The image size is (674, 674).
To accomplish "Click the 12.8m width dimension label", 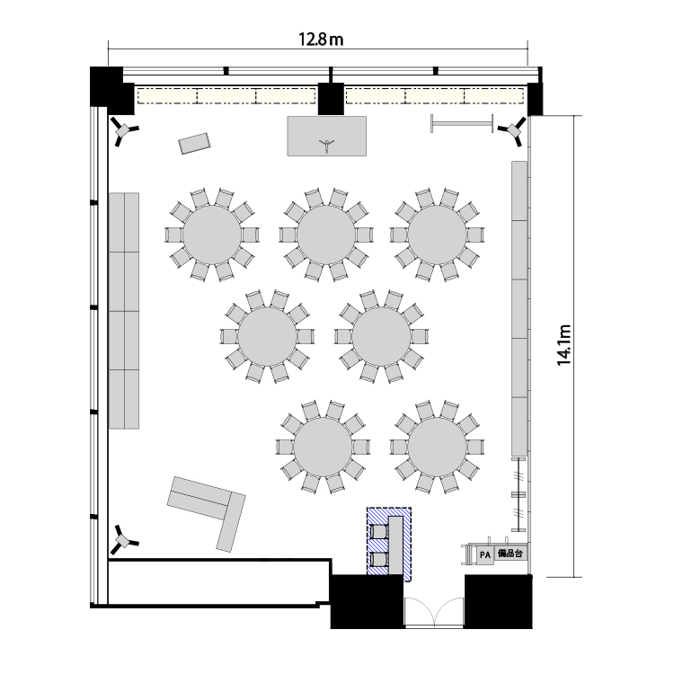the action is tap(321, 40).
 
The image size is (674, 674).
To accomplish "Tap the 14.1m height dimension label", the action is tap(564, 345).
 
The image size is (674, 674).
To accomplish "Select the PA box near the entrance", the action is tap(485, 555).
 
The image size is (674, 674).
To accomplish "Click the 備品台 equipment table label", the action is tap(510, 554).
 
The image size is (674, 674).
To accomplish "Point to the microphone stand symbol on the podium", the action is tap(327, 145).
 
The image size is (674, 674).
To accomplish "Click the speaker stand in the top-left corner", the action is tap(123, 129).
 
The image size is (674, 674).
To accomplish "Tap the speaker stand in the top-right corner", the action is tap(513, 129).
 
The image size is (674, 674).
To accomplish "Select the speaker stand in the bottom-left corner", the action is tap(123, 540).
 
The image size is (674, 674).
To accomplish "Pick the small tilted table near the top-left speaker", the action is tap(194, 143).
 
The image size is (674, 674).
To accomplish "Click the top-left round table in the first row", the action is tap(212, 235).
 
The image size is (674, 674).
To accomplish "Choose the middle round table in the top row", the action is tap(326, 235).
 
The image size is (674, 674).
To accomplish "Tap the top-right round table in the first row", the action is tap(437, 235).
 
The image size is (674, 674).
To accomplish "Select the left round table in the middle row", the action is tap(268, 336).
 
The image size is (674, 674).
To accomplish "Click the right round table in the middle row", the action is tap(381, 336).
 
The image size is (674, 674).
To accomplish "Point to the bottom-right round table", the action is tap(437, 447).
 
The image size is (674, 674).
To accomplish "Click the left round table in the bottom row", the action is tap(324, 447).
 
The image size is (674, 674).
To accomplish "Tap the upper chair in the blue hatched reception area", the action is tap(379, 530).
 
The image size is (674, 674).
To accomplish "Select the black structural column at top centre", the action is tap(331, 99).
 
